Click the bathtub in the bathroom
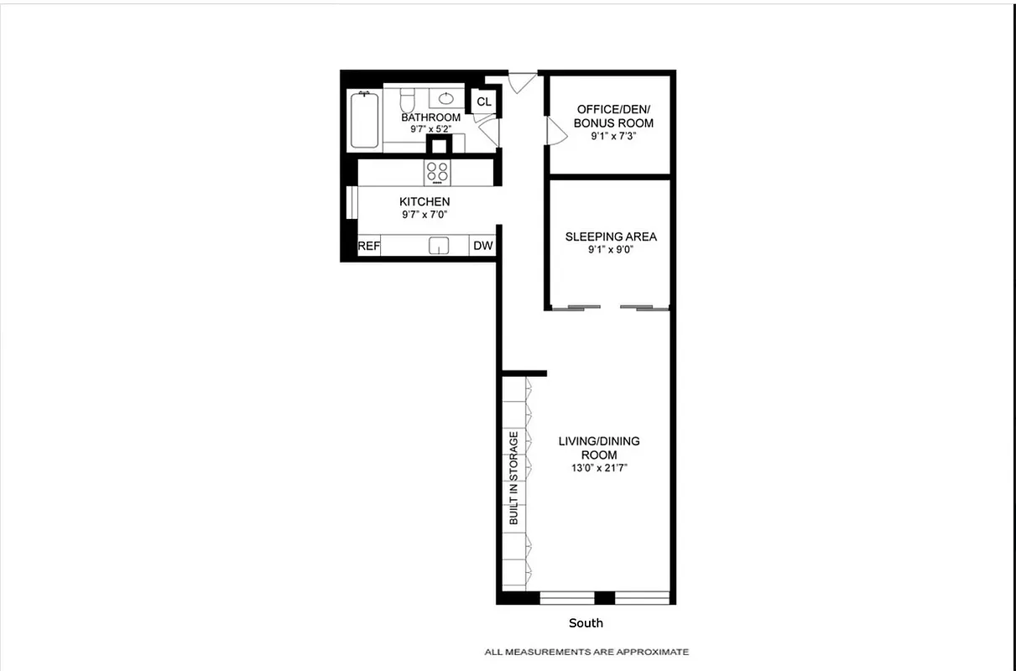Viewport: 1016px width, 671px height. (x=363, y=119)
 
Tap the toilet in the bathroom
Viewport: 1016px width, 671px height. (x=407, y=101)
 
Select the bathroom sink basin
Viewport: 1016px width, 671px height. (x=445, y=97)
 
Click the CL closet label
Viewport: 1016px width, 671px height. (x=484, y=102)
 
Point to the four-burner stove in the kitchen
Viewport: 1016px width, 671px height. (x=437, y=172)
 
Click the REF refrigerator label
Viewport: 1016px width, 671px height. (x=369, y=247)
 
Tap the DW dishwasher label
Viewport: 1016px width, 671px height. (x=482, y=246)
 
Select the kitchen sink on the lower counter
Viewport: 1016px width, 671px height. (x=439, y=246)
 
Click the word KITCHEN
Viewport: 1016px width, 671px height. (x=425, y=201)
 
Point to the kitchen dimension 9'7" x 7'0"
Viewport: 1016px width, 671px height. (x=425, y=215)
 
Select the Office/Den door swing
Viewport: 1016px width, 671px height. (x=556, y=131)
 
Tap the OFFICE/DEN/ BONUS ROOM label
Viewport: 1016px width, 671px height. (x=613, y=117)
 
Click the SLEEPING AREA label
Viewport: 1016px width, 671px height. (x=611, y=237)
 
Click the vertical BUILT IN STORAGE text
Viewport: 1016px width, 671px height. (x=513, y=479)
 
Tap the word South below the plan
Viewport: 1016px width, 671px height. (x=586, y=623)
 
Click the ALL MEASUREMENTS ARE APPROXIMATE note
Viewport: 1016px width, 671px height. (x=586, y=652)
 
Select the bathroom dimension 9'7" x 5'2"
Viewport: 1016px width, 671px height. (x=430, y=129)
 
